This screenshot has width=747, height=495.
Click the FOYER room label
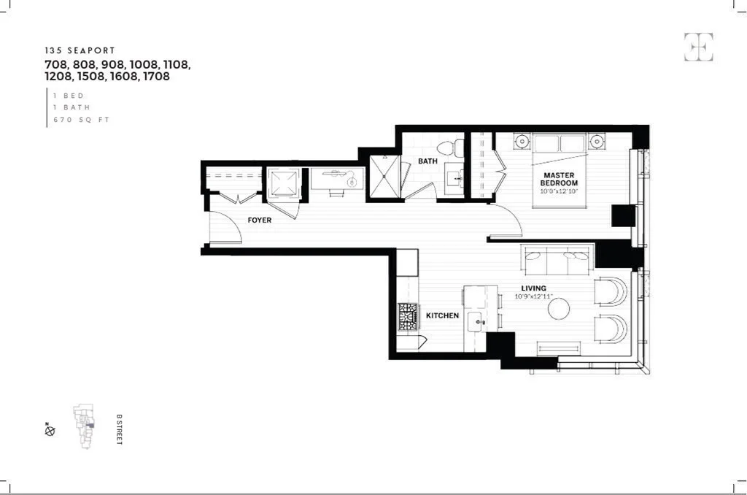click(259, 220)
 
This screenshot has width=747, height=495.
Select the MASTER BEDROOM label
click(560, 179)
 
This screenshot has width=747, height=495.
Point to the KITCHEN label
click(442, 315)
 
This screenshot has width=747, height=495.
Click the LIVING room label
click(533, 288)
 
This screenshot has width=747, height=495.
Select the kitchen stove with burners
click(407, 316)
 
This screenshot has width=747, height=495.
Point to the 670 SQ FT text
click(80, 120)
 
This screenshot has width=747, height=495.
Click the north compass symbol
click(50, 430)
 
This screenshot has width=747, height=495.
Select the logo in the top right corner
click(698, 47)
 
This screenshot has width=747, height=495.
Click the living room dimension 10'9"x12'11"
click(533, 296)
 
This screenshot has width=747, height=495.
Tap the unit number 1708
click(155, 76)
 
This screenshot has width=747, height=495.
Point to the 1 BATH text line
click(71, 107)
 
